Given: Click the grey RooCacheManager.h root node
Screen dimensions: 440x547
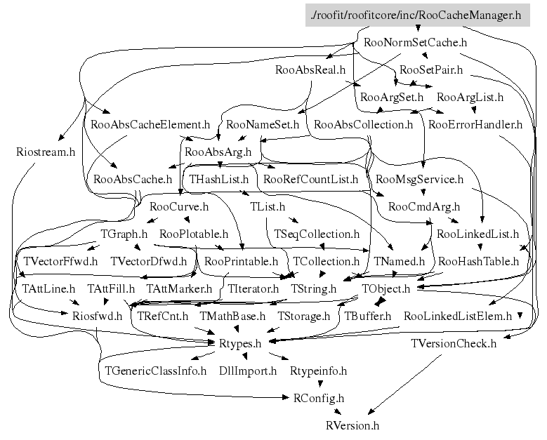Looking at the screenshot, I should tap(416, 15).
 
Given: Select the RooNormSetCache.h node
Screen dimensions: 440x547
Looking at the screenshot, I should tap(416, 42).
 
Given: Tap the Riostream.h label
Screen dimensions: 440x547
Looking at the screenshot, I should tap(45, 152).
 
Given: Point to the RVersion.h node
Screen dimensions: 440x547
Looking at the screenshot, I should tap(352, 425).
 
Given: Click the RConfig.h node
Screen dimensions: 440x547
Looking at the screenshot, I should tap(318, 398).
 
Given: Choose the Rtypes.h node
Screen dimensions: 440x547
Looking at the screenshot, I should tap(241, 343).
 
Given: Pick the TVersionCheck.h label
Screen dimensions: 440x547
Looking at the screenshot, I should tap(454, 343).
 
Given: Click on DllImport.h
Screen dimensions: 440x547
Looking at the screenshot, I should tap(248, 371).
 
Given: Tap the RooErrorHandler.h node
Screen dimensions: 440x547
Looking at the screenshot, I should tap(475, 125).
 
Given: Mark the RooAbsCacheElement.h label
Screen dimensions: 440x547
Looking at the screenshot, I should tap(150, 125).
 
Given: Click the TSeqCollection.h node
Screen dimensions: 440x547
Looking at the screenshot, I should tap(316, 234).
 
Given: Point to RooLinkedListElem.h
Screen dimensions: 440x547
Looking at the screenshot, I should tap(458, 316).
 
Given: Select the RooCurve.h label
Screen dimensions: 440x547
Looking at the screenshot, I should tap(179, 206).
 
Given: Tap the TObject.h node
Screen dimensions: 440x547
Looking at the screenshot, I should tap(385, 288).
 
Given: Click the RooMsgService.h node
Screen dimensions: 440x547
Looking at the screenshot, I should tap(419, 180).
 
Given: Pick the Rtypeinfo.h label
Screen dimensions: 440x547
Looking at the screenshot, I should tap(318, 371).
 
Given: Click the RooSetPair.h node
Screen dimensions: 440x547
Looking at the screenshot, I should tap(430, 70).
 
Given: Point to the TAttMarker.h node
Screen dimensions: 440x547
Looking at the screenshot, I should tap(179, 288).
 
